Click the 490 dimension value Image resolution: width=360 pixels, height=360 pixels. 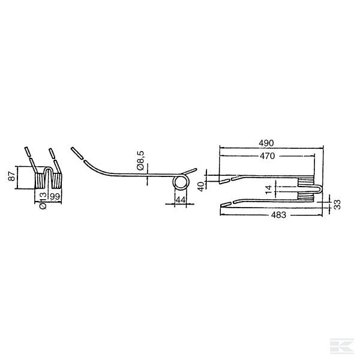(266, 143)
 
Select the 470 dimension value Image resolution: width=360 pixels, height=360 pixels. (267, 156)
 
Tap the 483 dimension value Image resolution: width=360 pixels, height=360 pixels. (278, 215)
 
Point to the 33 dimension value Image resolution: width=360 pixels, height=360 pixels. (337, 205)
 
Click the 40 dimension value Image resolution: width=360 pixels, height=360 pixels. (201, 187)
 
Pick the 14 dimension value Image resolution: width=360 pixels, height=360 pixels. (268, 190)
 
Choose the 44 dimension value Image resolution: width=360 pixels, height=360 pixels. (181, 200)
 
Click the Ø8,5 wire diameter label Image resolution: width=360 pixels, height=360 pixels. (140, 160)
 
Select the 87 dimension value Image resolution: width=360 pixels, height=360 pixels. (11, 176)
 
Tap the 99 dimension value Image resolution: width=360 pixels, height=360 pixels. (55, 197)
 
